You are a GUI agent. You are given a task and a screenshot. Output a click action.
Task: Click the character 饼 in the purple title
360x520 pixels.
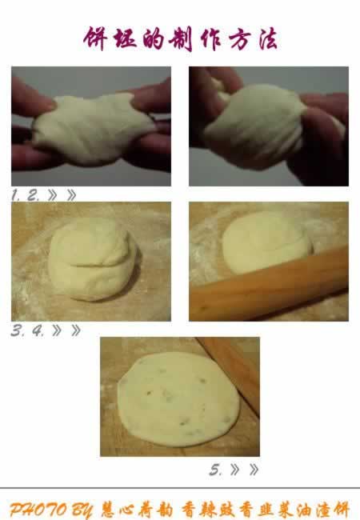pyautogui.click(x=95, y=38)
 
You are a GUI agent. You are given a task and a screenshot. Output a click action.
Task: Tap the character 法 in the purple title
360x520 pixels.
pyautogui.click(x=267, y=38)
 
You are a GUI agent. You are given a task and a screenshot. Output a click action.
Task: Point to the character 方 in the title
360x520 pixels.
pyautogui.click(x=238, y=39)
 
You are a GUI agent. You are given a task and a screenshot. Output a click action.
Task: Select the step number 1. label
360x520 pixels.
pyautogui.click(x=15, y=195)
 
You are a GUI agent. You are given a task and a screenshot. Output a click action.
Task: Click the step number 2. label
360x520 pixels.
pyautogui.click(x=33, y=195)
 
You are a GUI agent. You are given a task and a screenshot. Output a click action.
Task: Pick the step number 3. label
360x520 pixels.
pyautogui.click(x=18, y=330)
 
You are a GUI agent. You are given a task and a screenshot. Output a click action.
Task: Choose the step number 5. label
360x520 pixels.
pyautogui.click(x=215, y=470)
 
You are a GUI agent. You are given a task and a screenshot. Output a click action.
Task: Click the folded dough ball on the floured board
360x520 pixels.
pyautogui.click(x=93, y=259)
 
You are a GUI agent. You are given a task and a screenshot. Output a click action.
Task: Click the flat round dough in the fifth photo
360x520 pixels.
pyautogui.click(x=178, y=400)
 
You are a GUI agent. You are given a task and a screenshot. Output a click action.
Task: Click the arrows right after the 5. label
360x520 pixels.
pyautogui.click(x=244, y=470)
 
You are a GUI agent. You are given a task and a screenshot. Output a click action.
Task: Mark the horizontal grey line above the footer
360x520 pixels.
pyautogui.click(x=180, y=488)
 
